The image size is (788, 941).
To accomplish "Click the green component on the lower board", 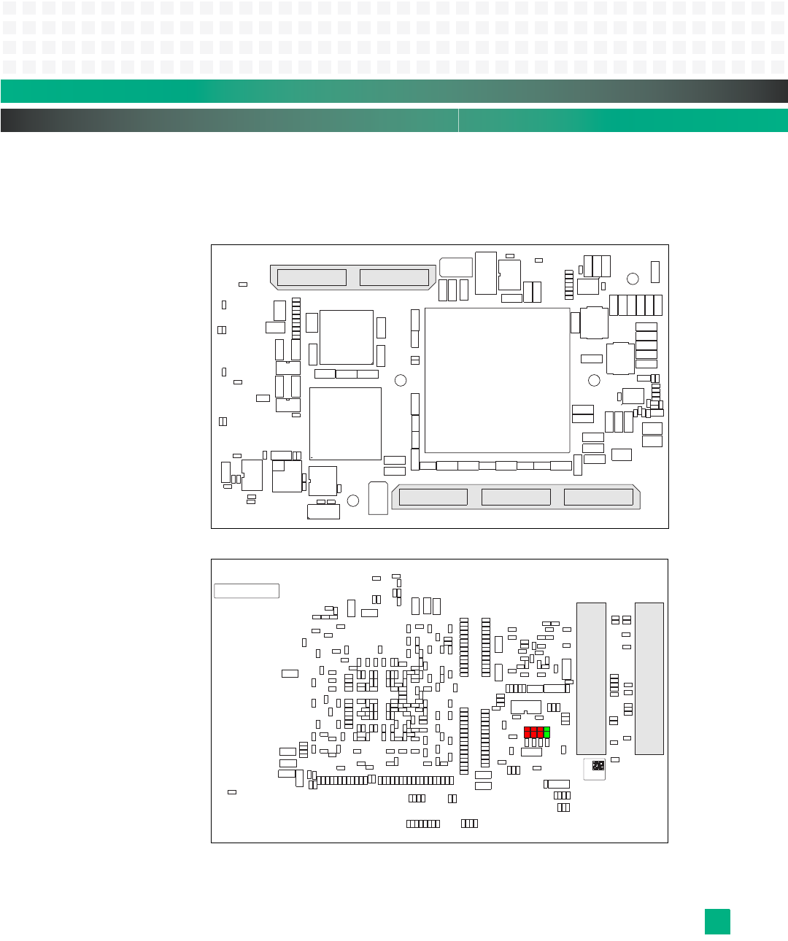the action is (546, 732).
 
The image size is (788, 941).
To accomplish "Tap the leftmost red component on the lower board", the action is (528, 732).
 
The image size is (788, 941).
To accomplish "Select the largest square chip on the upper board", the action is (497, 380).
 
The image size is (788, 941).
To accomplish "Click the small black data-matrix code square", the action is (598, 766).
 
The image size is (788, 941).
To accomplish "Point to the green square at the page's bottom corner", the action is (717, 921).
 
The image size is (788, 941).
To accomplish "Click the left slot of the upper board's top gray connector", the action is (312, 277).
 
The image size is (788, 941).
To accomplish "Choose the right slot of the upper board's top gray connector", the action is (394, 277).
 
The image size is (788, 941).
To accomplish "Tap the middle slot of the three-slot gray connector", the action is (516, 497).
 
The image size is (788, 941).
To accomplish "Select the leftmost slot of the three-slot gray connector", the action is (433, 497).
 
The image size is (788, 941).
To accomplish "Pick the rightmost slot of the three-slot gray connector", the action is (598, 497).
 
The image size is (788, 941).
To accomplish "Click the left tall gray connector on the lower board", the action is (591, 678).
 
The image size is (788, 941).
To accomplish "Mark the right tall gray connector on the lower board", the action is (649, 678).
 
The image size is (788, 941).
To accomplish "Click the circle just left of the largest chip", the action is (401, 380).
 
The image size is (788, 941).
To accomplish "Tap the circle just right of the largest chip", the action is (594, 380).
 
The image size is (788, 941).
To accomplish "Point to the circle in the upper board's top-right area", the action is (633, 279).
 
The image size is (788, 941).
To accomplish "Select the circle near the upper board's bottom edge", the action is (353, 500).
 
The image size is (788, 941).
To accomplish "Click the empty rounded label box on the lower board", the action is (247, 591).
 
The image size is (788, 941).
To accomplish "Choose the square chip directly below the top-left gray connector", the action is (347, 337).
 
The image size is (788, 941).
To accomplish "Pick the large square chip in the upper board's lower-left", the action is (345, 423).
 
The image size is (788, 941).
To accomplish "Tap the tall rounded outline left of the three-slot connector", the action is (378, 498).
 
